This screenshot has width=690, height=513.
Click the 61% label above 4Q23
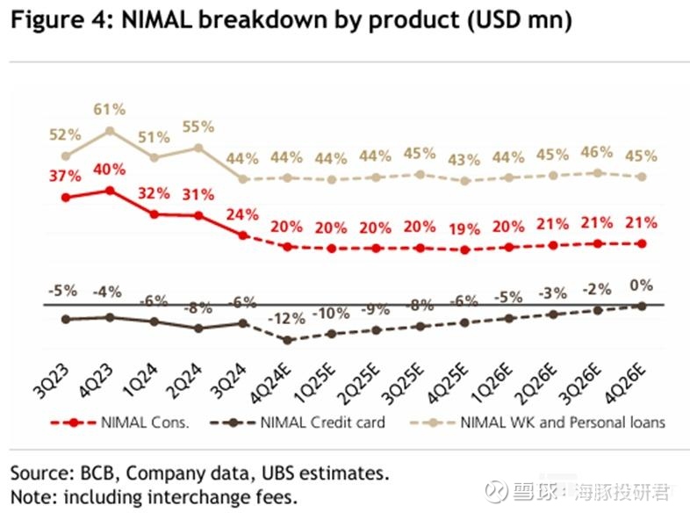[x=110, y=110]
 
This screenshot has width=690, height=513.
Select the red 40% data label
[x=110, y=169]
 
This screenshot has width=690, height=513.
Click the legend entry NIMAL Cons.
[x=136, y=422]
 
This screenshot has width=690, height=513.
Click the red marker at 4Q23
[x=110, y=190]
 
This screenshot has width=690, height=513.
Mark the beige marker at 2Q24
[x=198, y=148]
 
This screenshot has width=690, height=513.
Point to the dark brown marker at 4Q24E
[x=287, y=340]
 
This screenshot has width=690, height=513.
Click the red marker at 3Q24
[x=243, y=235]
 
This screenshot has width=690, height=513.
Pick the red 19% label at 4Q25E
[x=465, y=228]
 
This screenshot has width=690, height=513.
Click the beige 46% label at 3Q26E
[x=598, y=152]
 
